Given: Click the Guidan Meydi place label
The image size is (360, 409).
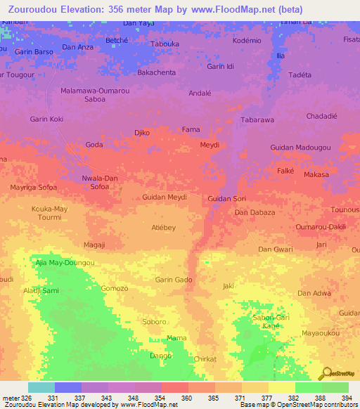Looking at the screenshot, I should point(165,197).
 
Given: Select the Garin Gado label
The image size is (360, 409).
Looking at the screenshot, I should point(174,280).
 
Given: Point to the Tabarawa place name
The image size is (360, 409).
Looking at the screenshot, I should point(257,120).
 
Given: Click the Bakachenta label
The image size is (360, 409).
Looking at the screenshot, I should point(156,72).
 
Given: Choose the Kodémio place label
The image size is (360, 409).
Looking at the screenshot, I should point(247,41).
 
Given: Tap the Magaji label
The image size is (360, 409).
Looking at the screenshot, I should point(94,245).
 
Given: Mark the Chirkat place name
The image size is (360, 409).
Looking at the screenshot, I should point(205,358).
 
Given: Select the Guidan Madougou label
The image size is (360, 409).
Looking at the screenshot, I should point(300,147).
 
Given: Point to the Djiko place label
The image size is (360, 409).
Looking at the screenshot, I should point(142,132).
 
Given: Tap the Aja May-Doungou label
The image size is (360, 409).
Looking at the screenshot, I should point(65,263).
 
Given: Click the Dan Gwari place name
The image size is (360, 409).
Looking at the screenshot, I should point(276,249).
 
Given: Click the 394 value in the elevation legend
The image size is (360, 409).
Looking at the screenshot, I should point(348,397).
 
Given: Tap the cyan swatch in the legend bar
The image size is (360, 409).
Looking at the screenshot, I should point(41,387).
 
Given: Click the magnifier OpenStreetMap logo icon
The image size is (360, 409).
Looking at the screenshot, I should point(325,373).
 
